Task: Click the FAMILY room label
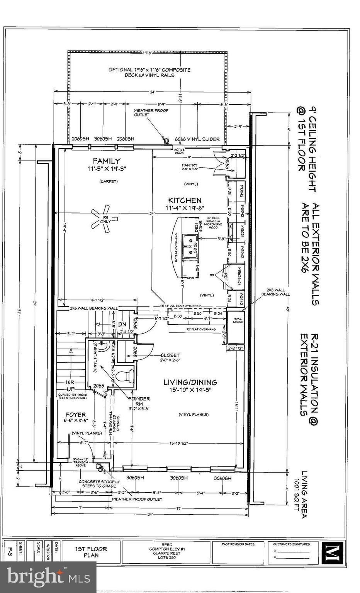click(x=106, y=161)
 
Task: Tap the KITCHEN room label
click(x=184, y=200)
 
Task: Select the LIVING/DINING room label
click(x=190, y=382)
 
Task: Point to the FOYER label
click(x=75, y=414)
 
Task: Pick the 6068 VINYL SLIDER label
click(x=197, y=139)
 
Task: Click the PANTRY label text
click(x=190, y=165)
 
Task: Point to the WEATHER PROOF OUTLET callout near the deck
click(x=151, y=112)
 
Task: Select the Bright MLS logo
click(x=48, y=577)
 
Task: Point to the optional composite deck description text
click(x=149, y=72)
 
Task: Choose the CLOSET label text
click(x=170, y=355)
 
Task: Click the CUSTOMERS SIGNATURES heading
click(x=292, y=544)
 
